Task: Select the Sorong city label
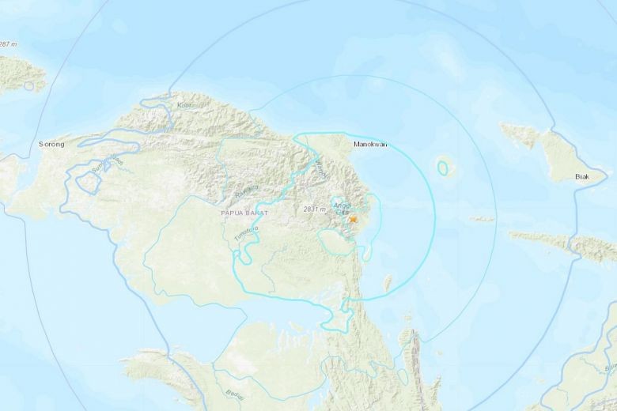(53, 145)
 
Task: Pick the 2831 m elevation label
(314, 209)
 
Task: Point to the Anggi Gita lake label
(342, 208)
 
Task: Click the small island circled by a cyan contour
(444, 167)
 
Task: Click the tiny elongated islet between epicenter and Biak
(482, 219)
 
